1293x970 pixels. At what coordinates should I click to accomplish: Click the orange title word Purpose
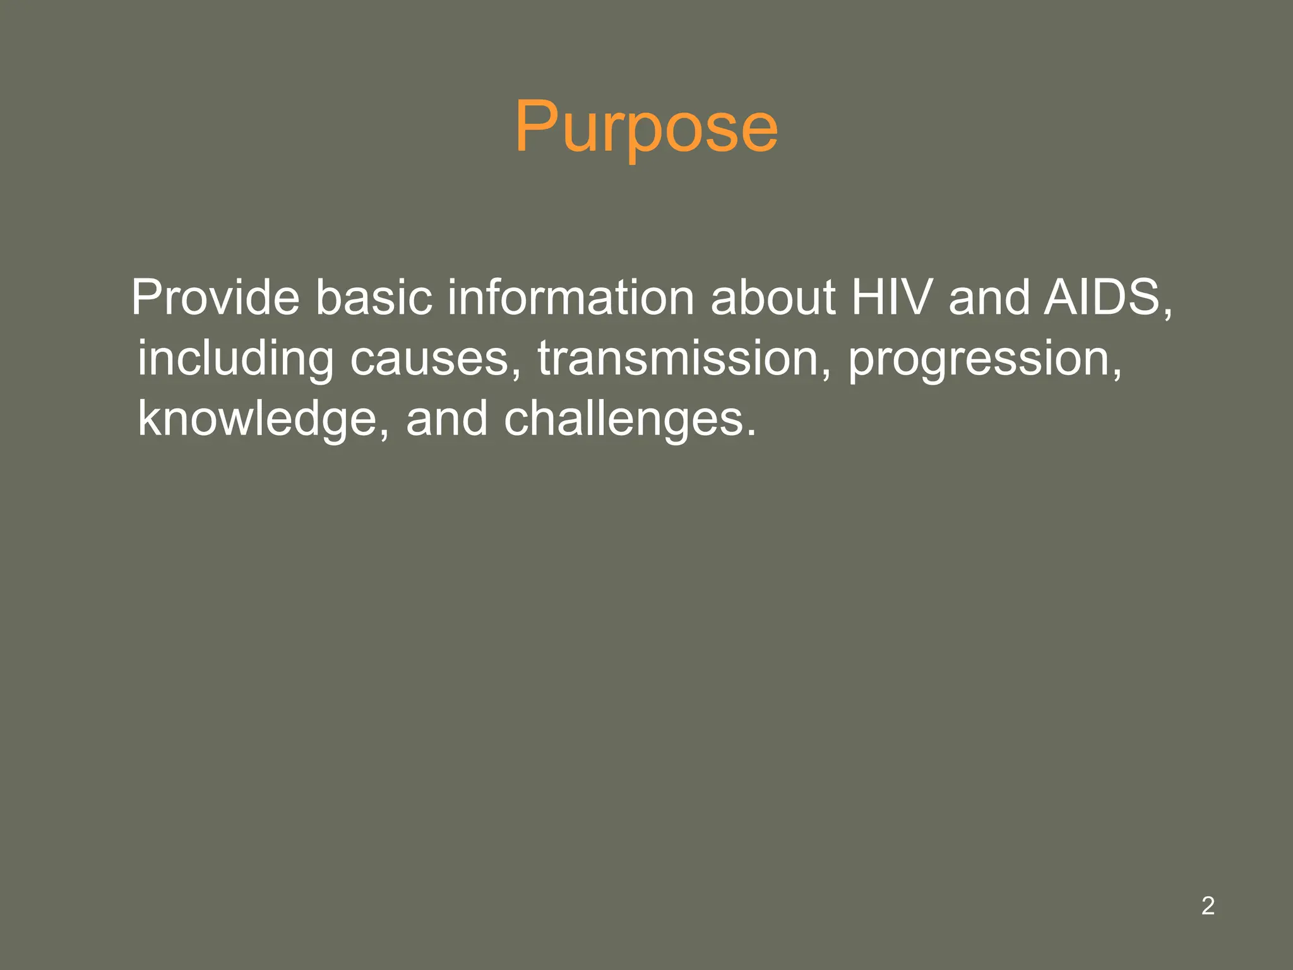coord(646,128)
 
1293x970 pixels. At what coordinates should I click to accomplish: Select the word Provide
coord(215,297)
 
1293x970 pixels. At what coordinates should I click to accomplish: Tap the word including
coord(235,359)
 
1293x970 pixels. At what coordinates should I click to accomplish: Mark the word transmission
coord(677,359)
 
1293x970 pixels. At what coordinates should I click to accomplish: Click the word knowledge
coord(258,419)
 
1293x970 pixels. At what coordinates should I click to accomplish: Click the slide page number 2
coord(1208,906)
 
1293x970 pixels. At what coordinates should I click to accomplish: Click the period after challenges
coord(751,434)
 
